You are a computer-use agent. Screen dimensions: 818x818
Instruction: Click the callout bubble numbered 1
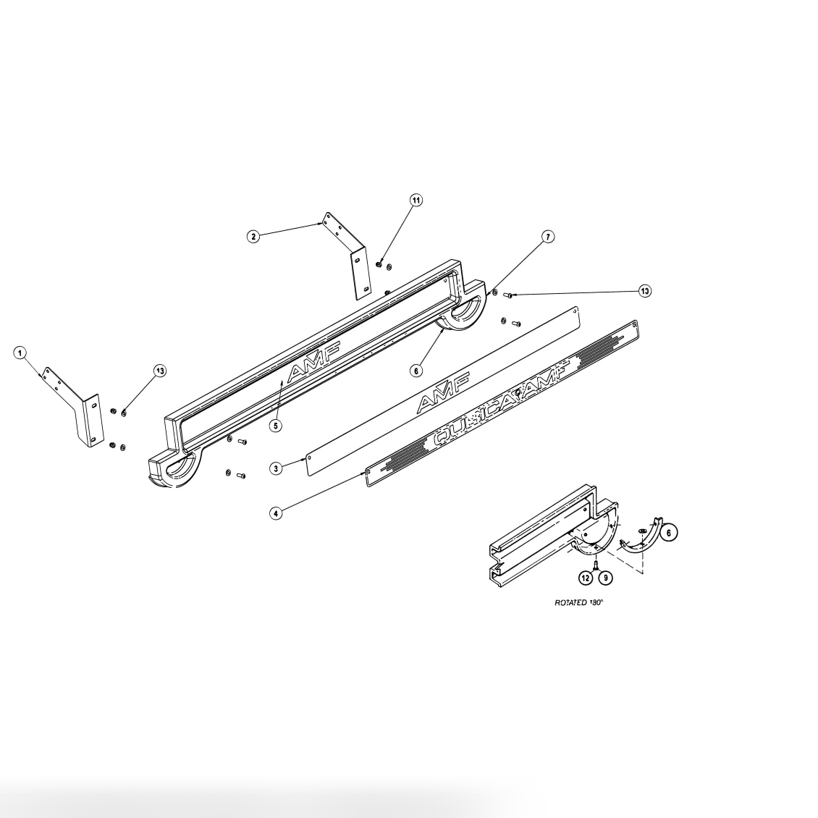point(22,353)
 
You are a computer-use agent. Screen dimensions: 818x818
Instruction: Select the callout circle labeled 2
point(253,237)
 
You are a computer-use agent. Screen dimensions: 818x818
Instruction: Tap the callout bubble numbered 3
point(276,468)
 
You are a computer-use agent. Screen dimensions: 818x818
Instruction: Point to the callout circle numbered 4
point(276,513)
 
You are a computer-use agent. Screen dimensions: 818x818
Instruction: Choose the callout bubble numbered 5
point(276,426)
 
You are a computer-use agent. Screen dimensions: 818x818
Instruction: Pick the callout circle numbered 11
point(416,200)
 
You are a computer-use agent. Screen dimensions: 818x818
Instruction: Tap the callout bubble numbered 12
point(586,578)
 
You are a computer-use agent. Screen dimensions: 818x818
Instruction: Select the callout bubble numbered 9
point(604,578)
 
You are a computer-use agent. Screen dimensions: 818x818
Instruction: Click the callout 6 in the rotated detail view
point(669,532)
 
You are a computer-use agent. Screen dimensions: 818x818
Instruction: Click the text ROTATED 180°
point(578,602)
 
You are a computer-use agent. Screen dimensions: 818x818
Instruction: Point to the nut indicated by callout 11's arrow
point(379,265)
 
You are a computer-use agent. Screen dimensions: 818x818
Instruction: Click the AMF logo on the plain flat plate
point(443,392)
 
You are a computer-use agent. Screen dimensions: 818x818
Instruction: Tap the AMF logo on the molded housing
point(313,362)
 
